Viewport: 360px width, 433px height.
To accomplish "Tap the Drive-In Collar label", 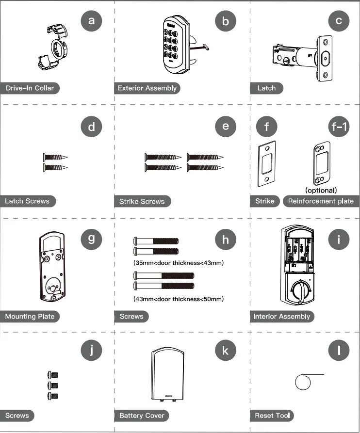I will click(30, 88).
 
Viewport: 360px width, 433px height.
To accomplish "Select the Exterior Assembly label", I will click(147, 88).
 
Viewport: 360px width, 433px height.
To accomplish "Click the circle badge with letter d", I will click(92, 128).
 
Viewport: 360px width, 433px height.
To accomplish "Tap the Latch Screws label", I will click(27, 201).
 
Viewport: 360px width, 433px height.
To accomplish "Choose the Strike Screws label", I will click(142, 201).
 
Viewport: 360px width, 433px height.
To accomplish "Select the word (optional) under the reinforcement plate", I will click(321, 190).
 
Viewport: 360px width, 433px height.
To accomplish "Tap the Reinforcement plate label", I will click(321, 201).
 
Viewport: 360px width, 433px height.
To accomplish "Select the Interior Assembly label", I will click(281, 316).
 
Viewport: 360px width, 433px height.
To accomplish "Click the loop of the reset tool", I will click(302, 383).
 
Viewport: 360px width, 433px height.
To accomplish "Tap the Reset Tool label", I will click(272, 416).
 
